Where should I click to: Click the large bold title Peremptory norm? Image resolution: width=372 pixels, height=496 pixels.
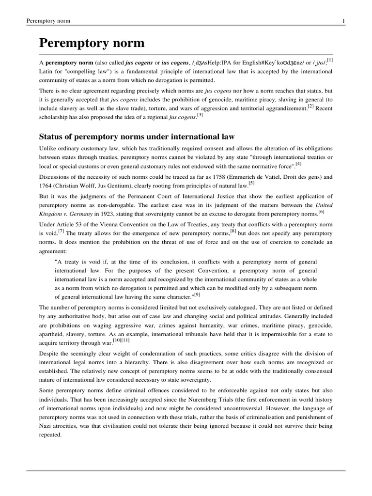point(92,43)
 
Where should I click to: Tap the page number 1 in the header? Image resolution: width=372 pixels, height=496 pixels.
point(343,21)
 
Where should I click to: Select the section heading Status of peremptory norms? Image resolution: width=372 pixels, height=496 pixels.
point(137,137)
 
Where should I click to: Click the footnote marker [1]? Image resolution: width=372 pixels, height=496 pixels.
point(329,60)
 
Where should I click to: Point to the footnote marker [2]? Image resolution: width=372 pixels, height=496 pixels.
point(310,106)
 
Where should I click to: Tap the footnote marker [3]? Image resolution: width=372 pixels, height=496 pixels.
point(200,115)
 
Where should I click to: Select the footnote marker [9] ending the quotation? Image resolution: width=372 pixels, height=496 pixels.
point(197,294)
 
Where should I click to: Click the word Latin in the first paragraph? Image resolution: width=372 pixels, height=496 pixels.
point(47,72)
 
